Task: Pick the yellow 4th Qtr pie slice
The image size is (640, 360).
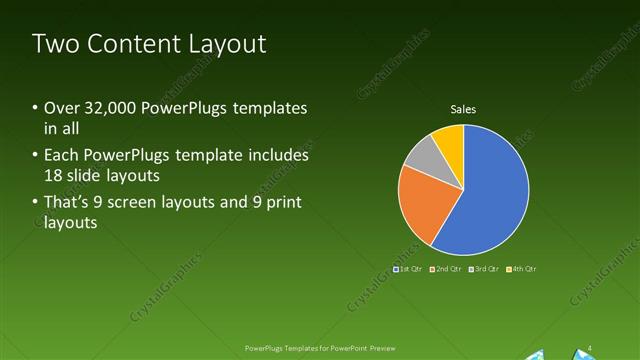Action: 449,141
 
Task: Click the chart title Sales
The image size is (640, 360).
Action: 463,109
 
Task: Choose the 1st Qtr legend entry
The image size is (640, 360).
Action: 408,269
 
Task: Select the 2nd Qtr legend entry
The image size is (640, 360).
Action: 446,269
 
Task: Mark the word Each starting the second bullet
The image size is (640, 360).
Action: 62,157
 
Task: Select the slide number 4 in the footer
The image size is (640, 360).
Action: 590,348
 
